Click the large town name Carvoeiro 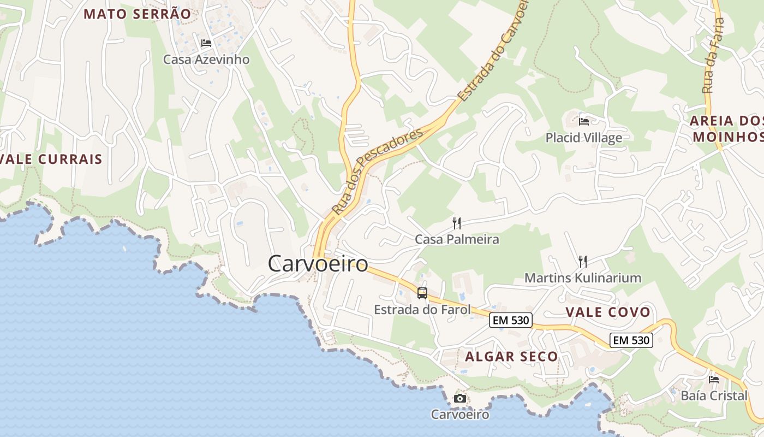pos(318,264)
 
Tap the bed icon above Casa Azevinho pos(206,43)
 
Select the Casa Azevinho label pos(206,59)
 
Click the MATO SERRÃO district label pos(137,14)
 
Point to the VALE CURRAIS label pos(52,160)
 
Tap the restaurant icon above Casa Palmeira pos(457,223)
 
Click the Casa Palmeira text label pos(457,239)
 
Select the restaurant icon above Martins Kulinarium pos(582,262)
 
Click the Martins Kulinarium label pos(582,278)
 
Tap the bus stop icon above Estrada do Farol pos(422,293)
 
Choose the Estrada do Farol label pos(422,310)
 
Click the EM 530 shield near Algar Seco pos(511,320)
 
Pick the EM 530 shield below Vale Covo pos(631,340)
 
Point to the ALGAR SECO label pos(511,357)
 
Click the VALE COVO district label pos(607,312)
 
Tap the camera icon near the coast pos(460,398)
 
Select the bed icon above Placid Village pos(584,121)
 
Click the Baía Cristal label pos(714,395)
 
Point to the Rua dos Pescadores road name pos(377,170)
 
